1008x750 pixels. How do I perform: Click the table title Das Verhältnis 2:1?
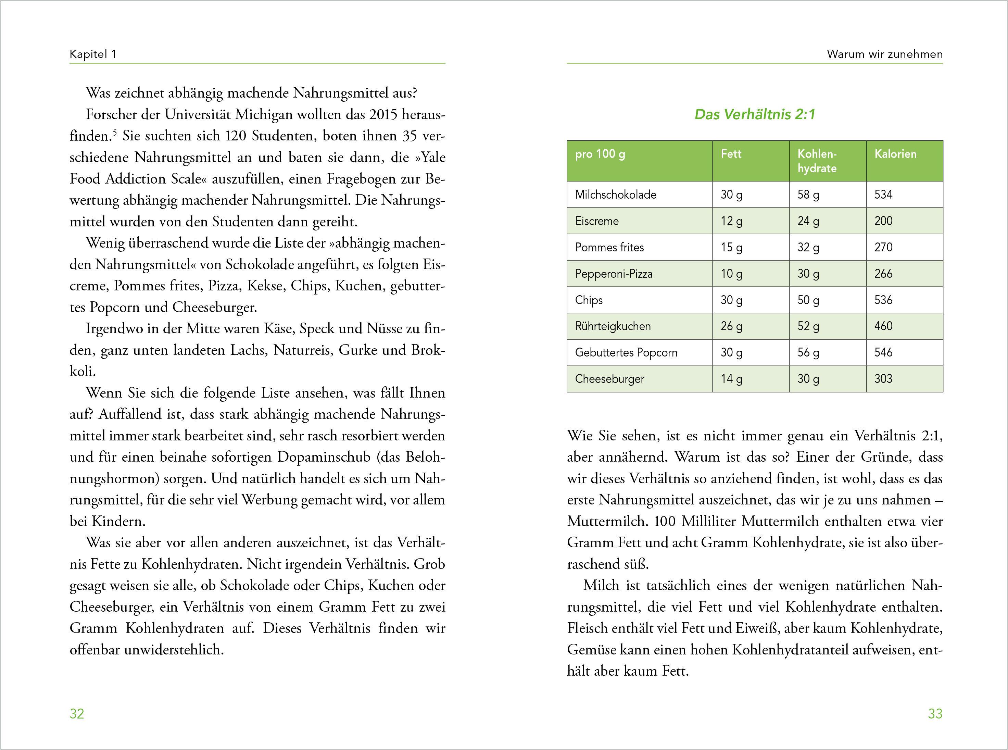tap(755, 114)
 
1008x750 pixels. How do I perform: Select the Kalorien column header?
tap(895, 154)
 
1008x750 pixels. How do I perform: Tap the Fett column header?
tap(731, 154)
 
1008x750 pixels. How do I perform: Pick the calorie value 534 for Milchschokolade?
tap(883, 195)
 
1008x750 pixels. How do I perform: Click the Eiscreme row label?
tap(597, 221)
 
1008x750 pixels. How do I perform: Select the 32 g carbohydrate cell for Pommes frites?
tap(808, 247)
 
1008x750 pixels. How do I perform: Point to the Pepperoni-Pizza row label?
tap(614, 274)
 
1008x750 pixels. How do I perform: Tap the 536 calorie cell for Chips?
tap(883, 300)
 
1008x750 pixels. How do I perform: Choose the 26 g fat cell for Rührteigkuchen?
tap(731, 326)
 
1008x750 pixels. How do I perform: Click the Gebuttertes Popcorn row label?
tap(626, 353)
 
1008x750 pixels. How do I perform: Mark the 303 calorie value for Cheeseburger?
tap(883, 379)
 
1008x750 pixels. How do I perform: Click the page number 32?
tap(77, 714)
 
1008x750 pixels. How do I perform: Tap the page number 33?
tap(935, 714)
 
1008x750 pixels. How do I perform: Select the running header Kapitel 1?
tap(93, 54)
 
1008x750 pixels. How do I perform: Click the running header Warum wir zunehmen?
tap(884, 54)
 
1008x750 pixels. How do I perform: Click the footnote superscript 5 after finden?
tap(115, 133)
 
